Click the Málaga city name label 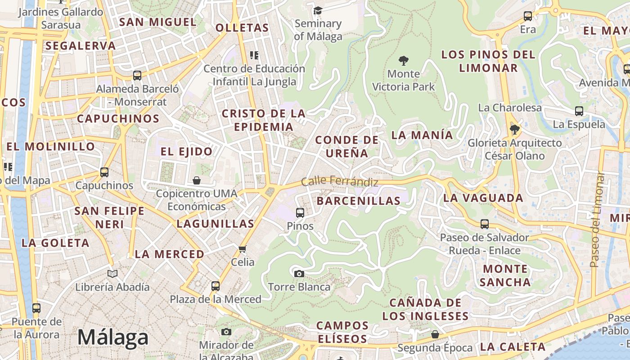[113, 337]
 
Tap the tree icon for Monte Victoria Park [404, 60]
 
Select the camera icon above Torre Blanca [299, 274]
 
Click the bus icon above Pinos [300, 213]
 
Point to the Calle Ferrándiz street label [339, 181]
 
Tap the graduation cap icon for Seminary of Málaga [318, 10]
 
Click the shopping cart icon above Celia [243, 249]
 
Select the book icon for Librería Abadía [112, 274]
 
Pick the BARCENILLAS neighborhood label [358, 201]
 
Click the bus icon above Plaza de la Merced [216, 286]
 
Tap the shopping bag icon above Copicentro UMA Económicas [197, 180]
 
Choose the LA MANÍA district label [422, 135]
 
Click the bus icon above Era [528, 17]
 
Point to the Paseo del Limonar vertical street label [597, 220]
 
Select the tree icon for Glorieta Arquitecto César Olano [515, 130]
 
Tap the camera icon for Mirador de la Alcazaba [226, 332]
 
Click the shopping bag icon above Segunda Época [435, 334]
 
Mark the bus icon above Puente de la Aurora [36, 309]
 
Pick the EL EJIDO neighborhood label [186, 152]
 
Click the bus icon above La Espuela [579, 111]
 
